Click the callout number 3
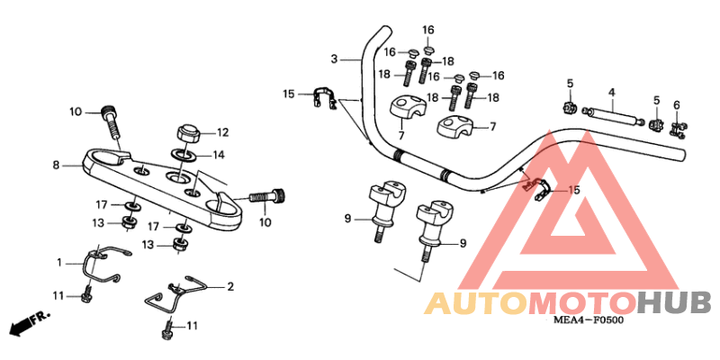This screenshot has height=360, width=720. pos(333,59)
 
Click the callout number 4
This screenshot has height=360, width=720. pos(611,92)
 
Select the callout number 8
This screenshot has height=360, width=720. pos(56,165)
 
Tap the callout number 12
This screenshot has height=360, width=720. pos(222,131)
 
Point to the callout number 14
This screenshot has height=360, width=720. pos(219,155)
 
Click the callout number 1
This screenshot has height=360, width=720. pos(60,263)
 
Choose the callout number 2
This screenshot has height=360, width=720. pos(230,287)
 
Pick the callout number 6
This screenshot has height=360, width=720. pos(677,105)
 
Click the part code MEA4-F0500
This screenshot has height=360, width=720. pos(589,319)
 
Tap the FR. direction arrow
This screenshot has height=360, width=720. pos(26,321)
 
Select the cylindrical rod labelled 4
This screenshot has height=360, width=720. pos(611,117)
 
